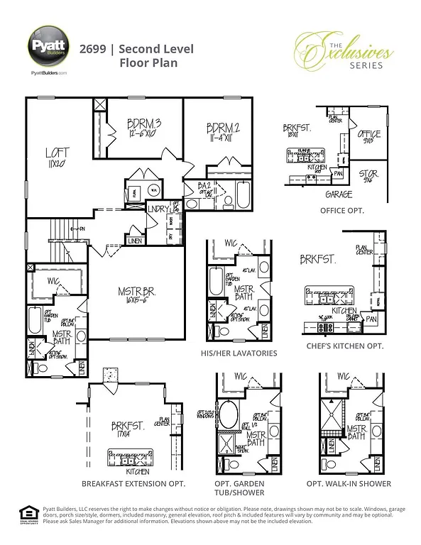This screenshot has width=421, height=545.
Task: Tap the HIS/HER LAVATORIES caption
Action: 240,353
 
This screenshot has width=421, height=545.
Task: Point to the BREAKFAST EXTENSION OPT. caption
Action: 133,483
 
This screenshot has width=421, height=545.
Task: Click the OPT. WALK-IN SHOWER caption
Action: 349,483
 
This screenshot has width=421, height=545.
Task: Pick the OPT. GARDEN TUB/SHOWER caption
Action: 239,488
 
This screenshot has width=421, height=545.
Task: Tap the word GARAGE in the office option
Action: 339,193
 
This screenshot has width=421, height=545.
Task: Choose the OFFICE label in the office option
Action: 368,135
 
